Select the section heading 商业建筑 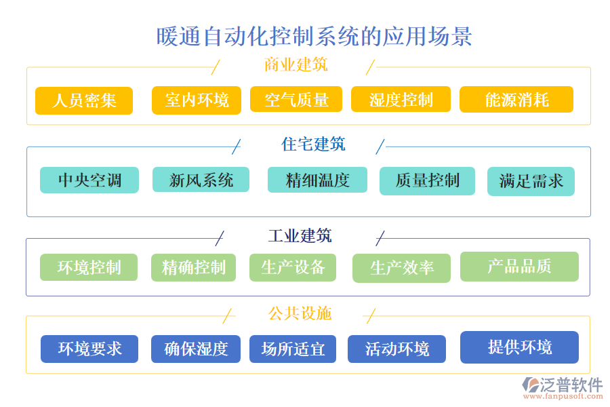[x=296, y=65]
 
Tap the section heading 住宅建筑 [x=313, y=144]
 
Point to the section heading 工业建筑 [x=300, y=236]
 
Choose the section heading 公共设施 [x=300, y=313]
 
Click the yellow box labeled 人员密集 [x=84, y=100]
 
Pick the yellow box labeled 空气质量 [x=296, y=100]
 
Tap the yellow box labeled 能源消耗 [x=516, y=100]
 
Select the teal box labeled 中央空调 [x=89, y=180]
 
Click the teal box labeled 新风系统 [x=201, y=180]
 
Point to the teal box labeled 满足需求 [x=531, y=182]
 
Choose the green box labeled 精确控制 [x=193, y=267]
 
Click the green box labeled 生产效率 [x=401, y=268]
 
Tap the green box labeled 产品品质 [x=519, y=267]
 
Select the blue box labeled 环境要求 [x=89, y=349]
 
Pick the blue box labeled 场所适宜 [x=293, y=349]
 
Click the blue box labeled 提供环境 [x=519, y=347]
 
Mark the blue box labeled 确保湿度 [x=196, y=349]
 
